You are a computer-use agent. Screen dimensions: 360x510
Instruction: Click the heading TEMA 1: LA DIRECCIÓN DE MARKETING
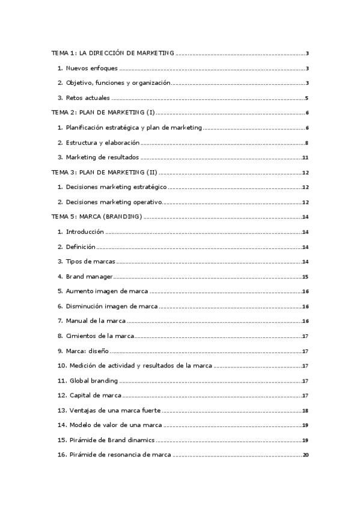pyautogui.click(x=112, y=54)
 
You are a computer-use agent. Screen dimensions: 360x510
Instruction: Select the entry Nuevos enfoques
pyautogui.click(x=92, y=68)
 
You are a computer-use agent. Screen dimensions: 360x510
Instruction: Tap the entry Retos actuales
pyautogui.click(x=87, y=98)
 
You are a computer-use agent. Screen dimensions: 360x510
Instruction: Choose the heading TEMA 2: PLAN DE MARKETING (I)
pyautogui.click(x=103, y=112)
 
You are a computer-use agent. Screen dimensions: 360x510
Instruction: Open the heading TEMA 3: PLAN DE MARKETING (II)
pyautogui.click(x=105, y=172)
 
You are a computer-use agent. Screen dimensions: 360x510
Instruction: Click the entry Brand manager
pyautogui.click(x=90, y=276)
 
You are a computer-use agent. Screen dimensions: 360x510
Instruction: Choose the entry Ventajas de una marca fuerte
pyautogui.click(x=114, y=410)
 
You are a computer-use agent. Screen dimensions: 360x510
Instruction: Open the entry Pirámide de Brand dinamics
pyautogui.click(x=112, y=440)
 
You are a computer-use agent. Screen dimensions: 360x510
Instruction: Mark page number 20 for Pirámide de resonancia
pyautogui.click(x=305, y=455)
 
